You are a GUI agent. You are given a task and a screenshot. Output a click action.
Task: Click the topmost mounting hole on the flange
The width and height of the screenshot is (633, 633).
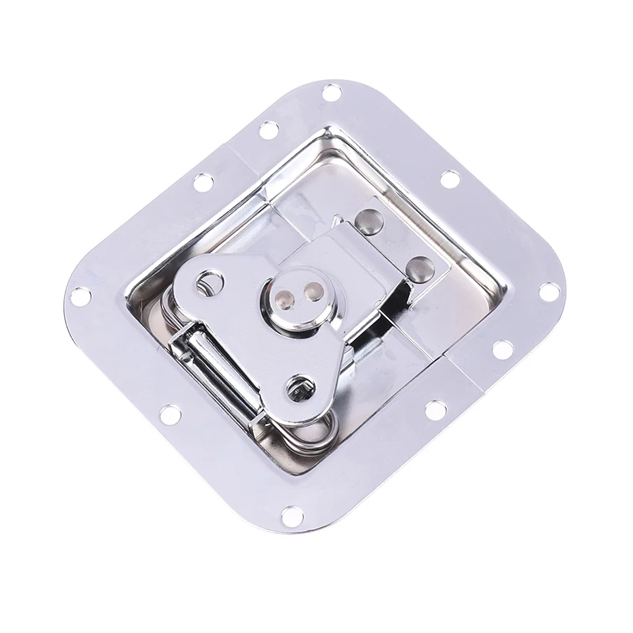(x=332, y=93)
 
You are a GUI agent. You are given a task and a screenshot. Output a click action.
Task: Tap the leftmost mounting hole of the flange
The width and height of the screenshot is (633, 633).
(x=80, y=296)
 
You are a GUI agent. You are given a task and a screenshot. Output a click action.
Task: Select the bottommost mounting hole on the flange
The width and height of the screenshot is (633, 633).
(x=292, y=516)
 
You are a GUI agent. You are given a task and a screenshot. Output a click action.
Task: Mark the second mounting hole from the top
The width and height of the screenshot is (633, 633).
(x=269, y=129)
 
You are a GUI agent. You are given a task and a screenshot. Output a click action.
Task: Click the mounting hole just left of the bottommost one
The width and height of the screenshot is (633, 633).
(x=169, y=413)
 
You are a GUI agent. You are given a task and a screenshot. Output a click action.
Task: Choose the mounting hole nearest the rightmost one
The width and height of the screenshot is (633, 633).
(x=502, y=349)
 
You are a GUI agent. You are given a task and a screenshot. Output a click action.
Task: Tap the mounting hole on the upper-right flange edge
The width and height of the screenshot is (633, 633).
(x=449, y=179)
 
